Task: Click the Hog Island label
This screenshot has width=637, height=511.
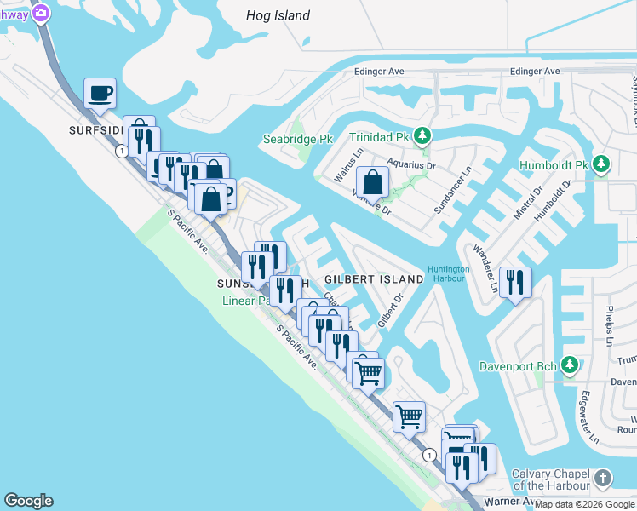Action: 278,15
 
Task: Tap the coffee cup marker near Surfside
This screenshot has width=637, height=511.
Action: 100,94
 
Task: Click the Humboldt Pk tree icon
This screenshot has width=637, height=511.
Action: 601,164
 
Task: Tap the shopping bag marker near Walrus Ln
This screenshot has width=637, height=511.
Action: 372,182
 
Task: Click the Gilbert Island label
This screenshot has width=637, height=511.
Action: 374,279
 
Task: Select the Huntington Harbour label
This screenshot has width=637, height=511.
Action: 449,274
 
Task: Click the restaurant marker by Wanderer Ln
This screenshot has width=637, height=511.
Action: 515,282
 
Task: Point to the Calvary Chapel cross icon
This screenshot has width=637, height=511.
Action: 603,479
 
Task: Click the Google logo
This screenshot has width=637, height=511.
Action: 28,501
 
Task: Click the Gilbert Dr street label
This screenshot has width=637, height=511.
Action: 390,310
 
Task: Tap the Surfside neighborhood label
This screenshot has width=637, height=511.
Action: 96,131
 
